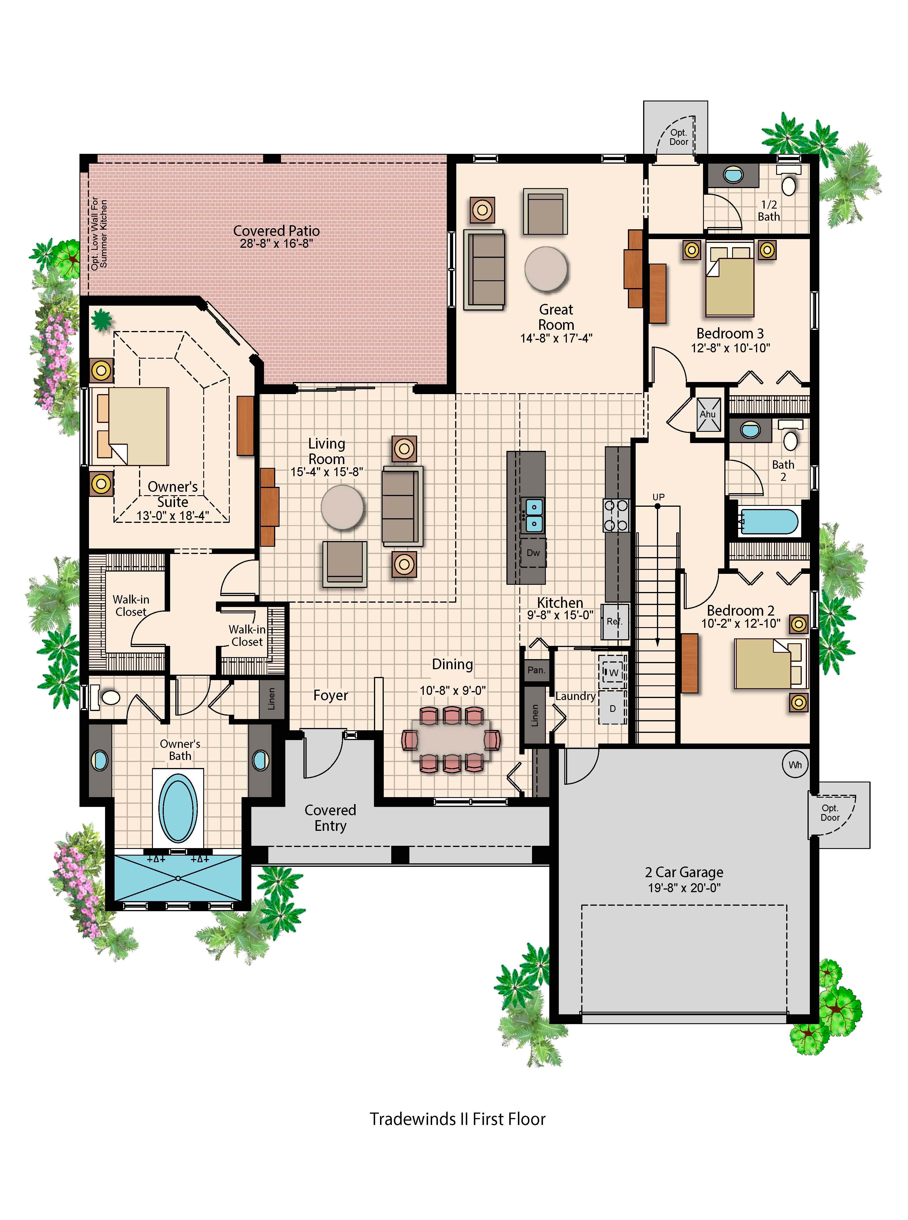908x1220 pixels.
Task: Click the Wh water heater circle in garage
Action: click(x=795, y=765)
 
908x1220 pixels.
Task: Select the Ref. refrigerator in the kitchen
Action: click(x=614, y=622)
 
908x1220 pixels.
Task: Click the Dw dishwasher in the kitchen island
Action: click(x=533, y=553)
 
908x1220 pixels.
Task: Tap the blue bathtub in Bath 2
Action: click(x=768, y=522)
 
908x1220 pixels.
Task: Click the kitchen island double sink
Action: click(x=533, y=515)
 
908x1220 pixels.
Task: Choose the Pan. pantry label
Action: click(x=536, y=670)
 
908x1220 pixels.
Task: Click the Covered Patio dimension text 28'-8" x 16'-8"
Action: click(x=276, y=244)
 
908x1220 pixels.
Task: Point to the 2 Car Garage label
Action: click(x=684, y=872)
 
